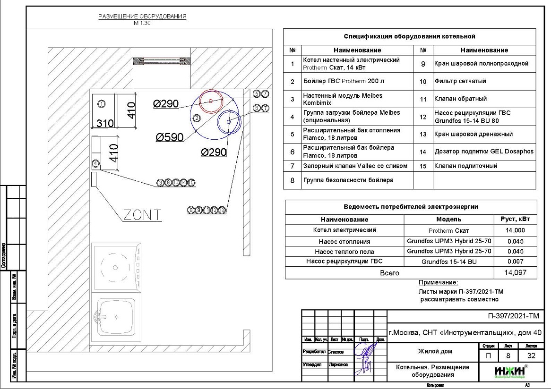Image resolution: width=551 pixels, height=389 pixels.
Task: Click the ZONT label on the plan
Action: [142, 215]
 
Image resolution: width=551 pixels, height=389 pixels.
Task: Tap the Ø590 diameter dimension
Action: [170, 137]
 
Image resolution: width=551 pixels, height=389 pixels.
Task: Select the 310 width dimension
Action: [105, 123]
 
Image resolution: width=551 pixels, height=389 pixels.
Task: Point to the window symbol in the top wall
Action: [162, 61]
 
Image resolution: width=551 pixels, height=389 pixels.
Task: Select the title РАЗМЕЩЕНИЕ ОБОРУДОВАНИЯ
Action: [142, 17]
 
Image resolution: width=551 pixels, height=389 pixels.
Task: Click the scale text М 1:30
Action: [142, 23]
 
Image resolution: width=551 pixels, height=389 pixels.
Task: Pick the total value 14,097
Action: [515, 273]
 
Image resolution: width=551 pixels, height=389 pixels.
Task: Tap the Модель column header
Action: [448, 219]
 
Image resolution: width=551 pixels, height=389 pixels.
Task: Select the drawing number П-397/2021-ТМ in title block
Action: [513, 316]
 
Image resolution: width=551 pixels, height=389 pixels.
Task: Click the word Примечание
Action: [438, 283]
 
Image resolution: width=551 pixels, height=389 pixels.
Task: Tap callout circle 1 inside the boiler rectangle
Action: [101, 103]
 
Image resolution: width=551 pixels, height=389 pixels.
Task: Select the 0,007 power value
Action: [515, 261]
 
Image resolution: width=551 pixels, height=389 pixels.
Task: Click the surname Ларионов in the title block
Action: [338, 364]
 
